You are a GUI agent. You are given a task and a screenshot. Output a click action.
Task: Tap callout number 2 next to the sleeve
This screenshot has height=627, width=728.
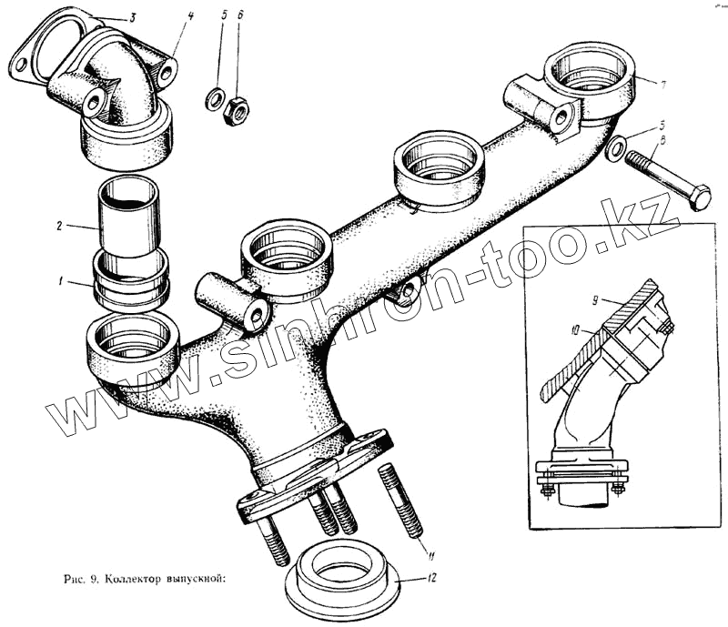(x=58, y=226)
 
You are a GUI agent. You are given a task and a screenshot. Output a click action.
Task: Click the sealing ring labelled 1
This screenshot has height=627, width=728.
(x=130, y=281)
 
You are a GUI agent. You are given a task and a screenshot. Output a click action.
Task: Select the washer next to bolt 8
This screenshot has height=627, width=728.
(x=615, y=147)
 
